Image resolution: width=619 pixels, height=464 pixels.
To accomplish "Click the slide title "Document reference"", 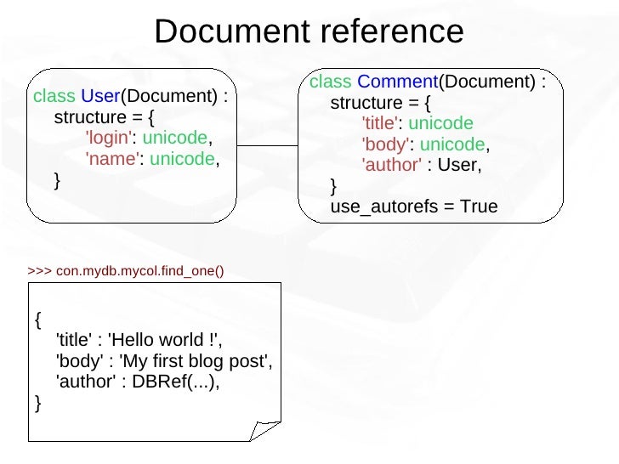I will click(x=309, y=31).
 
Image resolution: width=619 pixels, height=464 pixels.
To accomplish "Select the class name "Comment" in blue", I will click(x=397, y=82).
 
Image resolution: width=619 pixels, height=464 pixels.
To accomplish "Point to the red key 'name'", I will click(x=112, y=159).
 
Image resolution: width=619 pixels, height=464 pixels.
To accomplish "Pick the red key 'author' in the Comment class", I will click(x=391, y=166).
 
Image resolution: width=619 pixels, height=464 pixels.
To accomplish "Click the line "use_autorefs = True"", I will click(x=413, y=207).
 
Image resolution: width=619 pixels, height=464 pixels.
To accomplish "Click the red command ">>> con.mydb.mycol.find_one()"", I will click(x=126, y=271).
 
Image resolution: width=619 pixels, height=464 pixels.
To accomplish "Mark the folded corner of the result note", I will click(x=266, y=428).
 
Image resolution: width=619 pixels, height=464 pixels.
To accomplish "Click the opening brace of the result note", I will click(x=37, y=320).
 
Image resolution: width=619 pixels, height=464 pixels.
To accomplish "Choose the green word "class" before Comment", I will click(x=331, y=82).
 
